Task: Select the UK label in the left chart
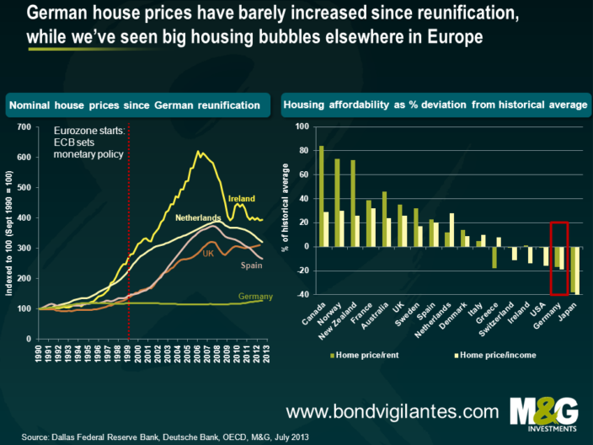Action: pyautogui.click(x=208, y=253)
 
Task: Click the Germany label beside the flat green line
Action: pyautogui.click(x=254, y=296)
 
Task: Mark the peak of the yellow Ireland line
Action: pyautogui.click(x=198, y=153)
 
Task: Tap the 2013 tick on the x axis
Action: pyautogui.click(x=264, y=323)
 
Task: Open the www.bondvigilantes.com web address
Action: pyautogui.click(x=392, y=410)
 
